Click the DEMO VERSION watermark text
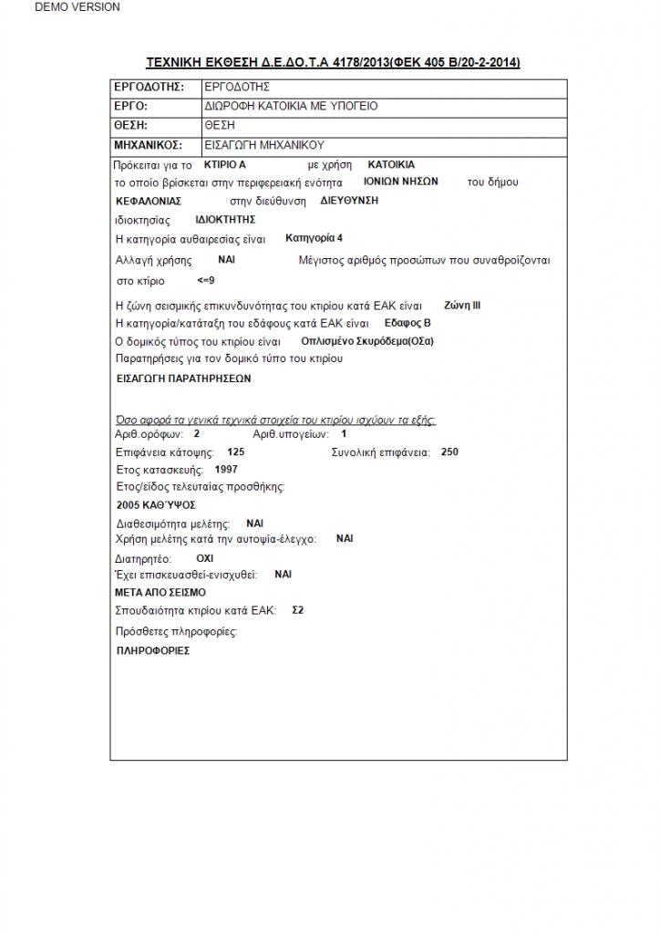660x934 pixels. (77, 7)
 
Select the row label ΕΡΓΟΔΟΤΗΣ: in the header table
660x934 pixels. (149, 88)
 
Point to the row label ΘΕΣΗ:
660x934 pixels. (131, 126)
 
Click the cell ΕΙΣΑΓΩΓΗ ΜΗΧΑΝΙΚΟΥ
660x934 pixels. (264, 145)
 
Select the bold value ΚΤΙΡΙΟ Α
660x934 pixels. (225, 165)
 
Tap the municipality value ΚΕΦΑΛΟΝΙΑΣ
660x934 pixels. (150, 201)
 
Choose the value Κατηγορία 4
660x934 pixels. (314, 239)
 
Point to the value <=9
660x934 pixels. (206, 281)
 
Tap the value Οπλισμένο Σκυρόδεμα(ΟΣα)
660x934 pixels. (367, 341)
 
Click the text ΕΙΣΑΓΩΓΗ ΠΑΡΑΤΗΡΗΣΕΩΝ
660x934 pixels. (183, 378)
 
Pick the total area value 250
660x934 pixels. (449, 451)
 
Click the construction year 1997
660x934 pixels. (226, 469)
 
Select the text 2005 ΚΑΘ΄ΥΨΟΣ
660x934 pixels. (156, 504)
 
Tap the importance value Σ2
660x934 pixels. (297, 609)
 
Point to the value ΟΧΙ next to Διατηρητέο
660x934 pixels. (205, 557)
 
